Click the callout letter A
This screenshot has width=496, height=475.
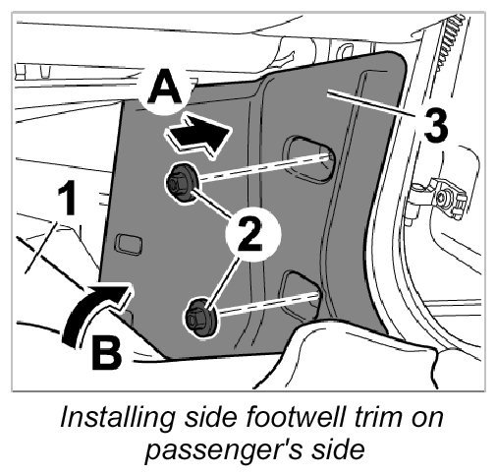(x=165, y=88)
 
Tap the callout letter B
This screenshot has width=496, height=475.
(x=106, y=352)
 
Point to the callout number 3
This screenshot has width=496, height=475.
(x=435, y=125)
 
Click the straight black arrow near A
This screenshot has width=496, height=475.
(x=199, y=135)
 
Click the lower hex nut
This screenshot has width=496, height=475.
(x=200, y=318)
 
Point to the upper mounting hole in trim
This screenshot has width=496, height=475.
(x=310, y=158)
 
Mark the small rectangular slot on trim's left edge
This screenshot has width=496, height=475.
(x=128, y=244)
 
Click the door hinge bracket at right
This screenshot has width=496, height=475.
(x=439, y=199)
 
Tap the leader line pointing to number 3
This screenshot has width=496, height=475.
(x=372, y=103)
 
